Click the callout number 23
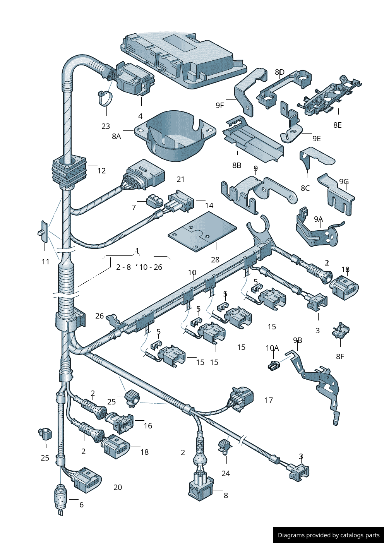click(106, 126)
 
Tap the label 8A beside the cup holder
click(116, 136)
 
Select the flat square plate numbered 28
click(202, 231)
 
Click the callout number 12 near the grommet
click(101, 171)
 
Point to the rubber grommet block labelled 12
click(69, 170)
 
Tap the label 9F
click(219, 105)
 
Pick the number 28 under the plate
click(215, 260)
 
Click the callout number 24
click(226, 473)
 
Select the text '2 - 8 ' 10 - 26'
click(139, 267)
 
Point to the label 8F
click(340, 356)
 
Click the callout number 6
click(81, 505)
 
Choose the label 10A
click(272, 348)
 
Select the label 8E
click(337, 125)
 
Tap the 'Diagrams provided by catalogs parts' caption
click(329, 535)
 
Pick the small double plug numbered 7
click(154, 201)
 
